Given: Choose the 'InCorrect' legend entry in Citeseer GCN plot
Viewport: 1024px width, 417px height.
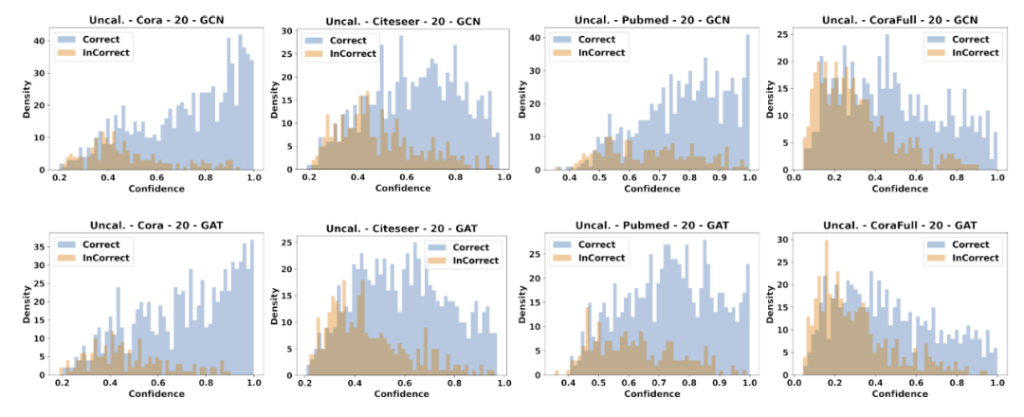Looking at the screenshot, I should tap(352, 53).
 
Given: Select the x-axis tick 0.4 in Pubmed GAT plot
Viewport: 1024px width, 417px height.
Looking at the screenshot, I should tap(568, 383).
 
